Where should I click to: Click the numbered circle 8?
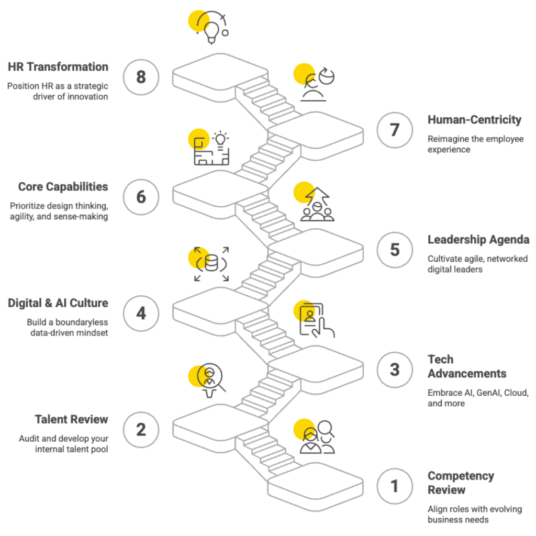click(141, 77)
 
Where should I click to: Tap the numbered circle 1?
click(395, 486)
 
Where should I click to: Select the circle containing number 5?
click(395, 250)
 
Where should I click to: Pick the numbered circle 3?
click(395, 370)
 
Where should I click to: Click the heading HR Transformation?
click(58, 67)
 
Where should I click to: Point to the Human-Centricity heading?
click(474, 120)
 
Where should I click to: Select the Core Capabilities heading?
click(63, 187)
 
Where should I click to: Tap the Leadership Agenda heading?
click(478, 240)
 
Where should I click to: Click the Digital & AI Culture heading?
click(58, 303)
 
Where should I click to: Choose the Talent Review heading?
click(72, 419)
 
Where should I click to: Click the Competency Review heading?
click(461, 483)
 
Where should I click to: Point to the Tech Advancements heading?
click(466, 366)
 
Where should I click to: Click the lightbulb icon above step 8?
click(211, 28)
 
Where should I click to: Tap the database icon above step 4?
click(211, 263)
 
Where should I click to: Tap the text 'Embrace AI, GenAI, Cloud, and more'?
click(478, 398)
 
